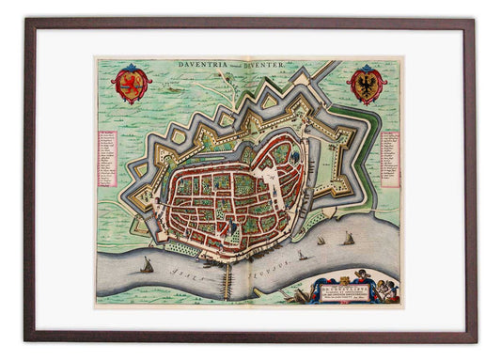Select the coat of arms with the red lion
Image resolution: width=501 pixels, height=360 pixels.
[131, 85]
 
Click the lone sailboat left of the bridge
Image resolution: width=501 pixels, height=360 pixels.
[147, 266]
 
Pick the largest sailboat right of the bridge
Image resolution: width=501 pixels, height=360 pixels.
[348, 240]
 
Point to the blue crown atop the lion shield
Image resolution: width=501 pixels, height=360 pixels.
[131, 69]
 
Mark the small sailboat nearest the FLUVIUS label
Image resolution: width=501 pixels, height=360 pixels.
[302, 255]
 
